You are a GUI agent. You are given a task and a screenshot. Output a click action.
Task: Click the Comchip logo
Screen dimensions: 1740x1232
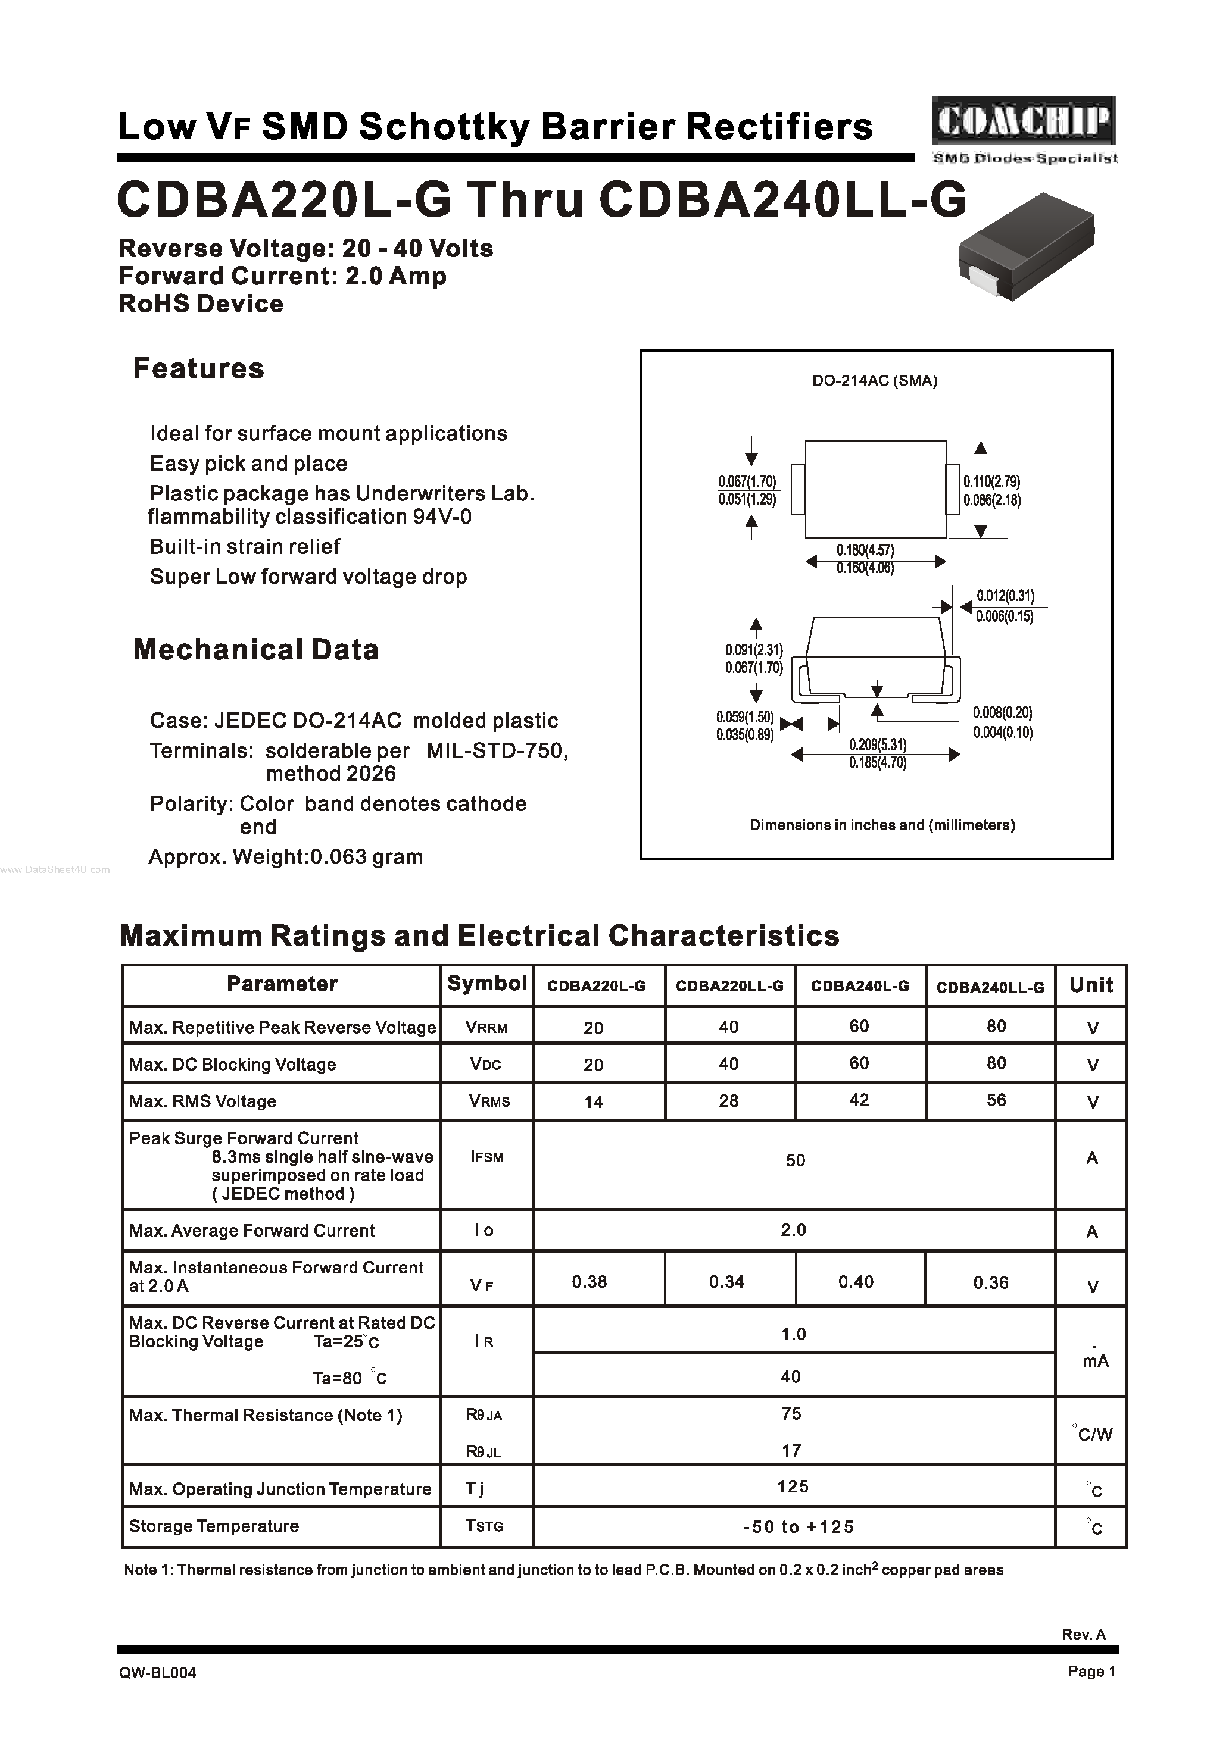1024,122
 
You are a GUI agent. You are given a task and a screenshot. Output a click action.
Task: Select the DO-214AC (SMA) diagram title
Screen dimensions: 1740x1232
874,381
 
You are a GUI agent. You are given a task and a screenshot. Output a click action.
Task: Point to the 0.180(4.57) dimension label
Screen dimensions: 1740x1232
865,550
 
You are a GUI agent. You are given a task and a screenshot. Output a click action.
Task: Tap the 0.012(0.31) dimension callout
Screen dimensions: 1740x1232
1005,596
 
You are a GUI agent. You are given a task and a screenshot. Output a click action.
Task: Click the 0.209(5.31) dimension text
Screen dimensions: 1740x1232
877,744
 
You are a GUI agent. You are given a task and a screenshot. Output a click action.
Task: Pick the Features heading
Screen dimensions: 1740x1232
198,368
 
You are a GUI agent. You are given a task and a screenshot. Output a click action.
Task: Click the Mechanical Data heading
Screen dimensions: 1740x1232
255,650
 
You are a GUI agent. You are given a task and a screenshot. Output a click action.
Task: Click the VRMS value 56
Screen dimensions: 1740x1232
996,1100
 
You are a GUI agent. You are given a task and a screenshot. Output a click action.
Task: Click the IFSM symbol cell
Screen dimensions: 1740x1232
486,1157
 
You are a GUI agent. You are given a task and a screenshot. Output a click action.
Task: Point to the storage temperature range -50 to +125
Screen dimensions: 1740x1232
798,1527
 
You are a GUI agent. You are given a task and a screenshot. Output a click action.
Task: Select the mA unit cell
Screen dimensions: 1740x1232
1094,1361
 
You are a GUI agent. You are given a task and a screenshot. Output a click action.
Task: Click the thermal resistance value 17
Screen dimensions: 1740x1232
791,1450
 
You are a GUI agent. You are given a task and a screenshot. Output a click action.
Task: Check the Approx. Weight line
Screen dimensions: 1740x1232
285,858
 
